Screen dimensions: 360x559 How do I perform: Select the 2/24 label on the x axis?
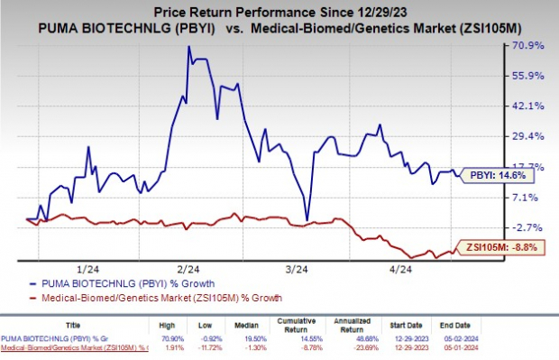[188, 268]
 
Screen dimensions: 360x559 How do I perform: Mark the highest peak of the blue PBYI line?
[188, 46]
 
